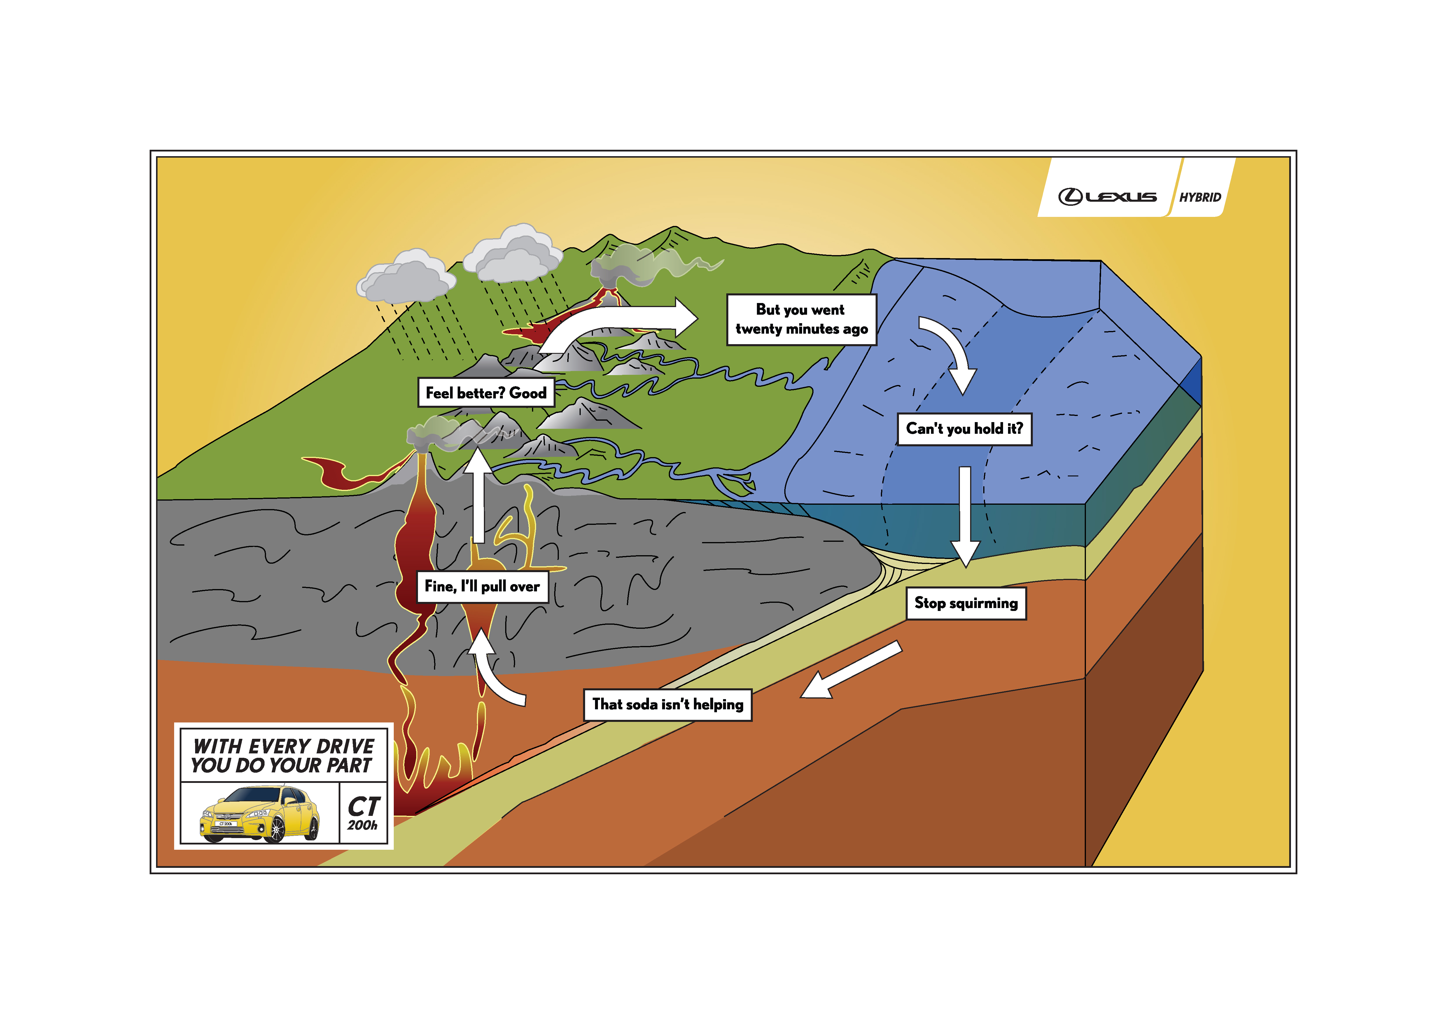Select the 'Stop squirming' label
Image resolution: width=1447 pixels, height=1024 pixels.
[x=965, y=603]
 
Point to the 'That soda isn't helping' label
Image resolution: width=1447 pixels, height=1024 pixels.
[x=667, y=704]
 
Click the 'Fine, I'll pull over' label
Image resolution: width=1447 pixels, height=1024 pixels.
[x=482, y=586]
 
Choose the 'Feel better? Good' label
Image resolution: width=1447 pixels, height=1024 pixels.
[x=486, y=393]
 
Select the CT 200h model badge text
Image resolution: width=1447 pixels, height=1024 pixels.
[x=364, y=814]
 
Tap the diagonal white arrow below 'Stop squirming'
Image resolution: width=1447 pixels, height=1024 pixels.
[x=851, y=670]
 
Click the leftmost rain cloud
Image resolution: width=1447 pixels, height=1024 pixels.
[x=407, y=277]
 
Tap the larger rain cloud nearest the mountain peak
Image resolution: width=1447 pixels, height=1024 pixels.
[x=514, y=254]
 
